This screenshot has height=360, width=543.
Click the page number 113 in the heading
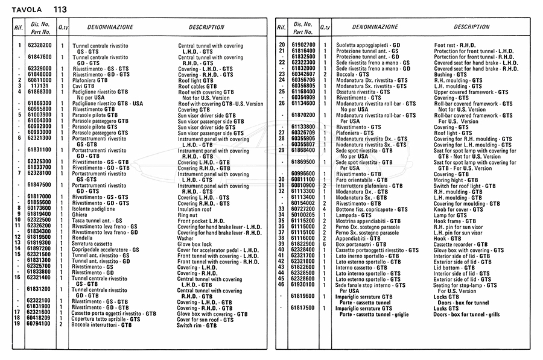click(60, 10)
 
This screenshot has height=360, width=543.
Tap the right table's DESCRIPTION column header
click(472, 28)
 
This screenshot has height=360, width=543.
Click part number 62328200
click(40, 45)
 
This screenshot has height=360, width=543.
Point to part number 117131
click(40, 86)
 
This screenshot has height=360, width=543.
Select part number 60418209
click(40, 318)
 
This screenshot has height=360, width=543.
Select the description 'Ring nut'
click(188, 214)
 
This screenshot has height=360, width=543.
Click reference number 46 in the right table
click(281, 284)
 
